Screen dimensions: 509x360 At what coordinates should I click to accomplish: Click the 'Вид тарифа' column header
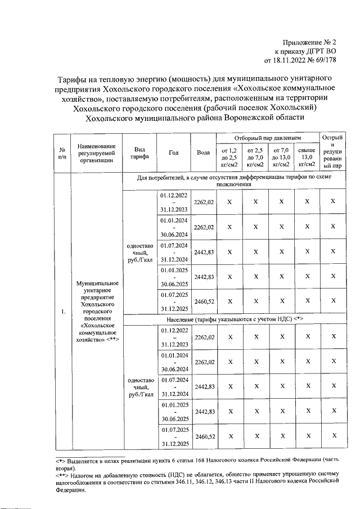click(x=140, y=152)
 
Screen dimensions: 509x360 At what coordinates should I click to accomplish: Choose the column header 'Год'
click(x=174, y=152)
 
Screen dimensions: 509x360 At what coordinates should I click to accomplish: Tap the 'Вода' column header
click(x=204, y=152)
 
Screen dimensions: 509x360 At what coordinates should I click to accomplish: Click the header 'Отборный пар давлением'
click(x=268, y=138)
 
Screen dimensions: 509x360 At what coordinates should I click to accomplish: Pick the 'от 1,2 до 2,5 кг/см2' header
click(x=229, y=157)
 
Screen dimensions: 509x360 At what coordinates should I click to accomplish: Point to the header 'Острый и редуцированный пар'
click(x=333, y=152)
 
